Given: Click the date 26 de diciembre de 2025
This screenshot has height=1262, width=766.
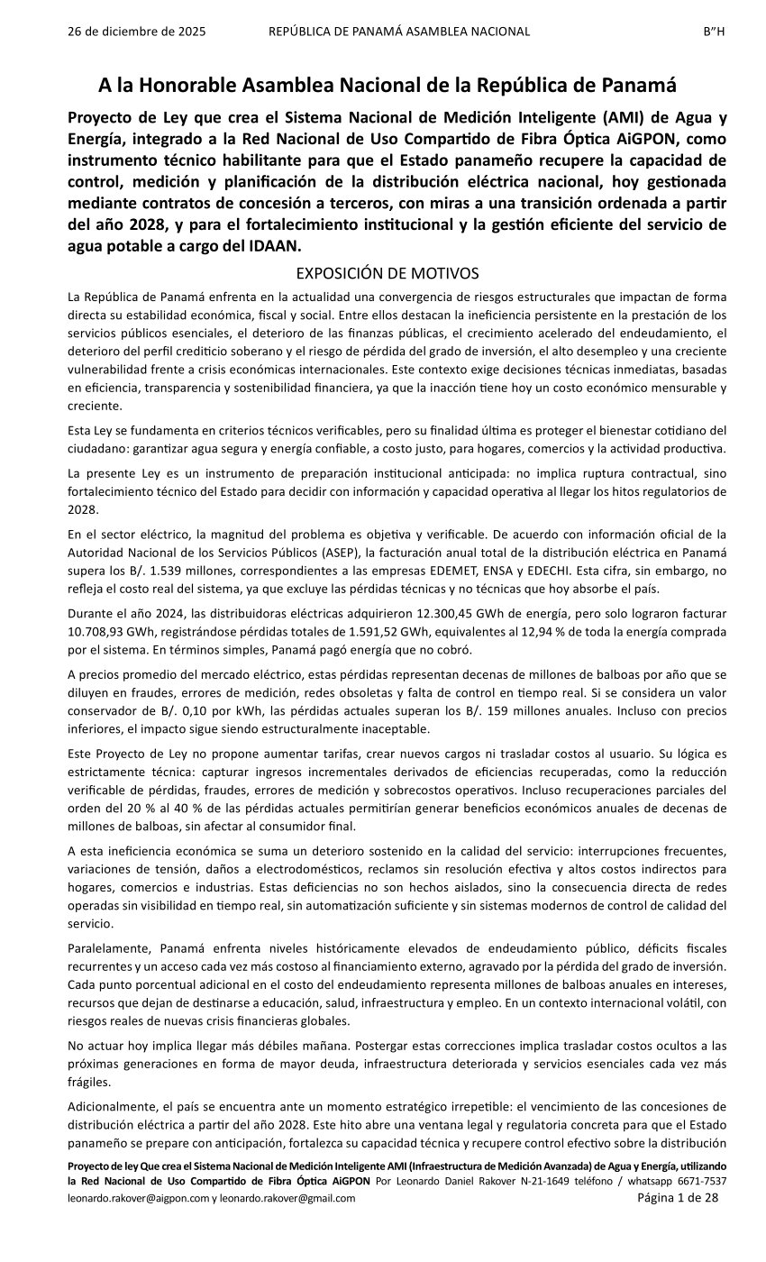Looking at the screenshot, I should point(137,32).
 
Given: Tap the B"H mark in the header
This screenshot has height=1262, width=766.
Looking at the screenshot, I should point(714,32).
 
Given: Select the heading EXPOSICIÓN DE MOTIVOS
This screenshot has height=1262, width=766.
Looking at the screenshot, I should point(388,273).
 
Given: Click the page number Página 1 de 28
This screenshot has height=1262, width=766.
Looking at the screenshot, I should point(678,1198).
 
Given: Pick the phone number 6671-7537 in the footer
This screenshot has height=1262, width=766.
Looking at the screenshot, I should point(701,1181).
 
